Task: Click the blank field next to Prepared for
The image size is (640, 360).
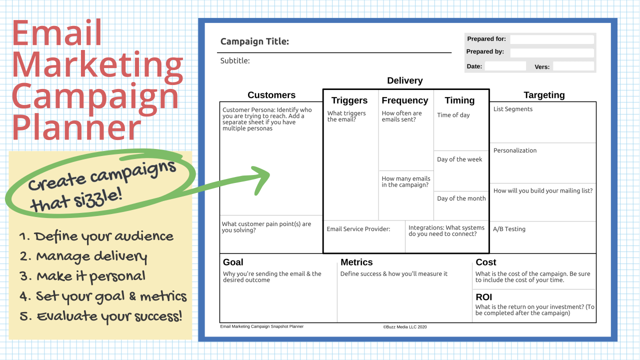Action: [552, 39]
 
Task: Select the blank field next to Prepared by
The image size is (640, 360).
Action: [552, 52]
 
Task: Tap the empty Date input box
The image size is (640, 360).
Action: [505, 66]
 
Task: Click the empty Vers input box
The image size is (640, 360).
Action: [573, 66]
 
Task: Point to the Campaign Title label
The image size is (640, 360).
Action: [254, 41]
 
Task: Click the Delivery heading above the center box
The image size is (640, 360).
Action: [405, 80]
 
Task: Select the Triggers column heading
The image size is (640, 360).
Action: [349, 100]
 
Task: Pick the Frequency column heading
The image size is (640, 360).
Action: [405, 100]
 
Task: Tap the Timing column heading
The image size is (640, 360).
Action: [459, 100]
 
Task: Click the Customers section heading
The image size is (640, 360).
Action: [271, 95]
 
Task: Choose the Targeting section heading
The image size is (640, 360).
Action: [544, 95]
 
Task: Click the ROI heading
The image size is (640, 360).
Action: [483, 297]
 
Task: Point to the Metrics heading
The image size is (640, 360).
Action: [356, 262]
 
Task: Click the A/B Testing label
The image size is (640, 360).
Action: [509, 229]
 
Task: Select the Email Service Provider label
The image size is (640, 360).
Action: [358, 229]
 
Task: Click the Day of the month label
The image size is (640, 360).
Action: [461, 198]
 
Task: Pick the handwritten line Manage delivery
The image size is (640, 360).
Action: [83, 257]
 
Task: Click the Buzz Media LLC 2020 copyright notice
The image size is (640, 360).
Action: [405, 327]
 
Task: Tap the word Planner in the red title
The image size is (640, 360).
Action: [76, 127]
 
